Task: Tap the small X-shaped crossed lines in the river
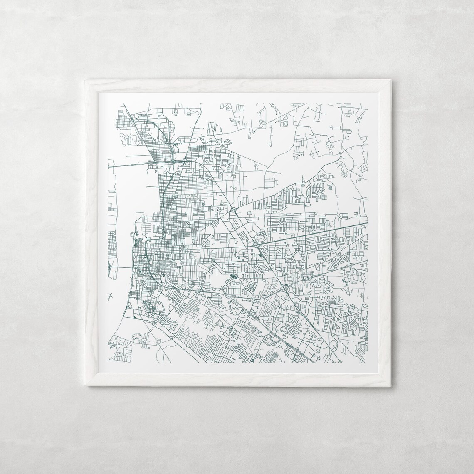coord(110,296)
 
